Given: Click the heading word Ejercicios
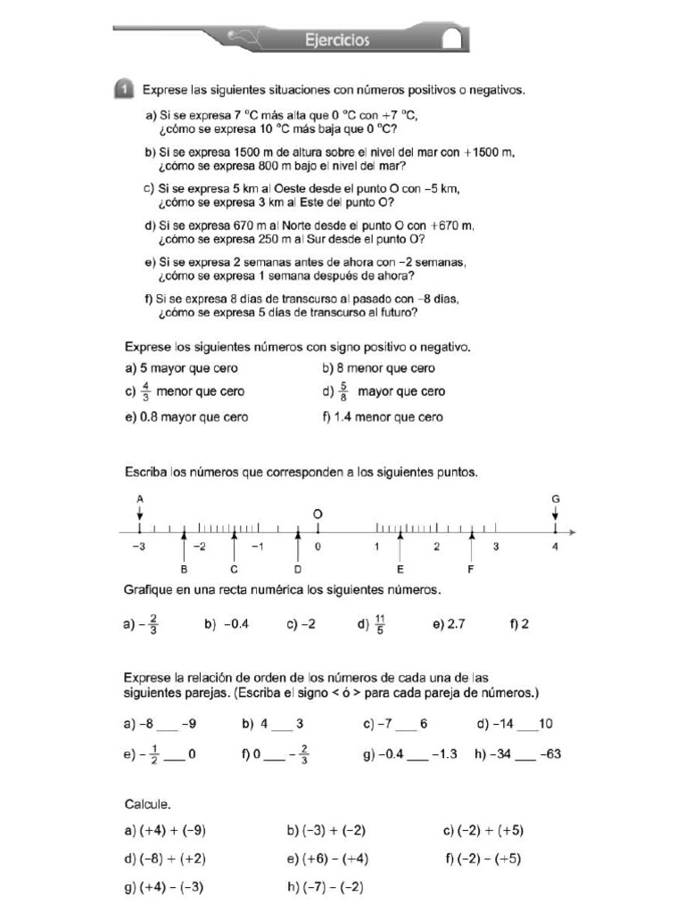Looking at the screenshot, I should [x=336, y=39].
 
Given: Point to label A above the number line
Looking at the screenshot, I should [x=139, y=500].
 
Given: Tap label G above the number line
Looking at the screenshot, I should [x=556, y=500].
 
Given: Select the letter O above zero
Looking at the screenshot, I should [x=317, y=514].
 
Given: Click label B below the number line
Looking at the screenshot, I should [x=184, y=569].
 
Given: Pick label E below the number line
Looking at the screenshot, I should [x=400, y=569].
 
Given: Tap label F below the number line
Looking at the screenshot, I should [x=471, y=569].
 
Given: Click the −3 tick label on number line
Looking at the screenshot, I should [x=137, y=547].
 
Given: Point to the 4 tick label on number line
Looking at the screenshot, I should [x=556, y=547].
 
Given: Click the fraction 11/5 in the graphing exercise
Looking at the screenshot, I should [x=380, y=625].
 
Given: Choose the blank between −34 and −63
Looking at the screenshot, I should [x=526, y=754].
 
